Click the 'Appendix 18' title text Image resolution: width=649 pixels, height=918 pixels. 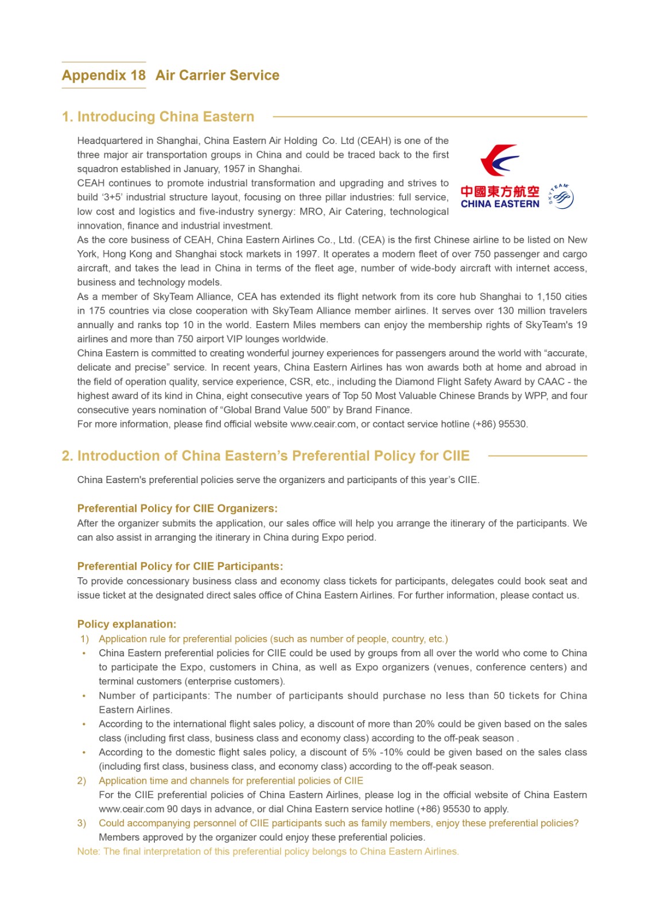pyautogui.click(x=104, y=75)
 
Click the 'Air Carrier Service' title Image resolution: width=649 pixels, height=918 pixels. pyautogui.click(x=217, y=75)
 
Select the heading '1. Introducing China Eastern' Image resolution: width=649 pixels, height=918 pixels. pyautogui.click(x=158, y=116)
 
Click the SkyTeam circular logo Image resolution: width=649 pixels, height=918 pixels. pyautogui.click(x=561, y=197)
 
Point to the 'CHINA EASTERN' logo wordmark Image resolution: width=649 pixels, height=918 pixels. pyautogui.click(x=500, y=204)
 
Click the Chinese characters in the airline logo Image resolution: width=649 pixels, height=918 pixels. pyautogui.click(x=500, y=191)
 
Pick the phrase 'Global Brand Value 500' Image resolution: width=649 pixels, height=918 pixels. pyautogui.click(x=275, y=410)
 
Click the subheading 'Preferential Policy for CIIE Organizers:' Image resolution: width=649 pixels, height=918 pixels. pyautogui.click(x=177, y=508)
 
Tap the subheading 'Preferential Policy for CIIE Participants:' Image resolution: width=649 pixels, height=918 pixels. pyautogui.click(x=180, y=566)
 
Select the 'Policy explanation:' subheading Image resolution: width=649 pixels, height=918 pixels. pyautogui.click(x=127, y=624)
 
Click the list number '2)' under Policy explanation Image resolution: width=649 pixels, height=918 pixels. pyautogui.click(x=82, y=781)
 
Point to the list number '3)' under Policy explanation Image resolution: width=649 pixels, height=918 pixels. pyautogui.click(x=82, y=823)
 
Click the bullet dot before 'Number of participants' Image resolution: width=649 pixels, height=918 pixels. pyautogui.click(x=84, y=696)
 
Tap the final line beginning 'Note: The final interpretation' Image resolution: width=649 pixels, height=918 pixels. pyautogui.click(x=268, y=851)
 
